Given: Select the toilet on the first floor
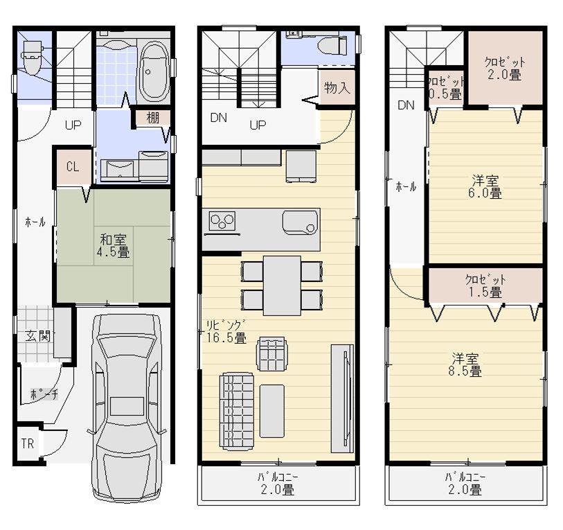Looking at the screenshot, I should coord(30,55).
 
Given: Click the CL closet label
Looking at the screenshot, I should coord(72,166).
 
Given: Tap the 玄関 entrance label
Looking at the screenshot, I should coord(37,337).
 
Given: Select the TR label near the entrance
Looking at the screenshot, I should coord(27,443).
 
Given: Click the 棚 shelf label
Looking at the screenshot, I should coord(153,118).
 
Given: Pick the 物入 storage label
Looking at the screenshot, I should coord(337,88).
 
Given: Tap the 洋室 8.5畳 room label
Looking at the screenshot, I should coord(467,364).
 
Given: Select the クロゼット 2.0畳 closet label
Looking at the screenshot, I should coord(504,68).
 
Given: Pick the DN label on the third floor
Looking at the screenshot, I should coord(406,105).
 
